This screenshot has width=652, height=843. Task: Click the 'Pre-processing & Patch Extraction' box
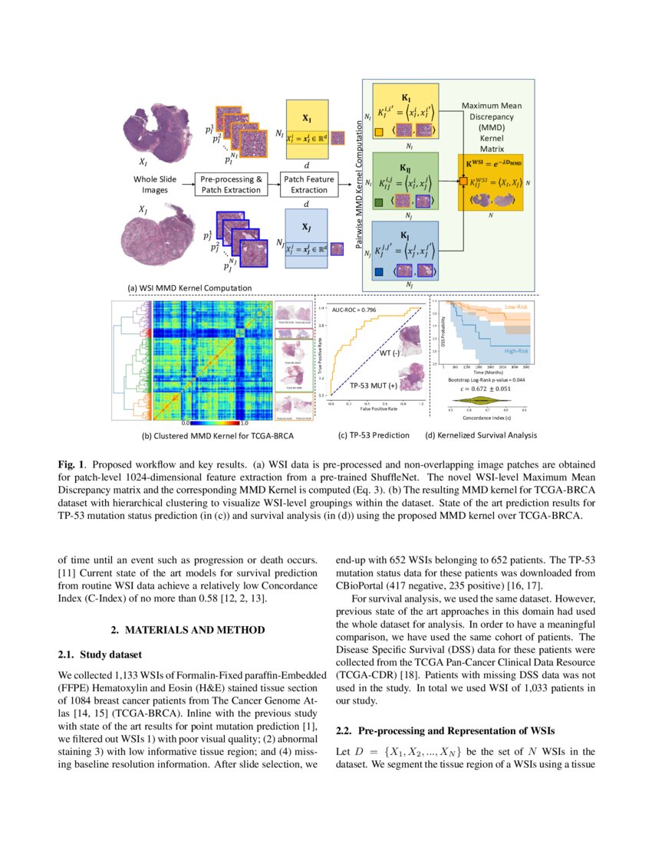coord(232,184)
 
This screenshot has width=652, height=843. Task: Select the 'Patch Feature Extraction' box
coord(307,184)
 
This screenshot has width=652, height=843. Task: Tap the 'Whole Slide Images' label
coord(156,184)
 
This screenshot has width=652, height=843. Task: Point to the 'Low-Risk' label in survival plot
coord(515,306)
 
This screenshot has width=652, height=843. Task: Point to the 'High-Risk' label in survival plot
coord(515,350)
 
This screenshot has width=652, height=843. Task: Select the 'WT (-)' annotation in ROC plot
coord(390,353)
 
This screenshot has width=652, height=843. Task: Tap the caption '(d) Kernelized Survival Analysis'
coord(481,435)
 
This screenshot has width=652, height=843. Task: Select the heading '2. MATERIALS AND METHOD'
coord(188,629)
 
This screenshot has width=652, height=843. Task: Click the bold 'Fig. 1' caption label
coord(71,465)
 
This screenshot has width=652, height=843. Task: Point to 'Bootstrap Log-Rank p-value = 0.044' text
coord(487,379)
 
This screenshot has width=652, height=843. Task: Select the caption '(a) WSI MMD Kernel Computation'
coord(190,288)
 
